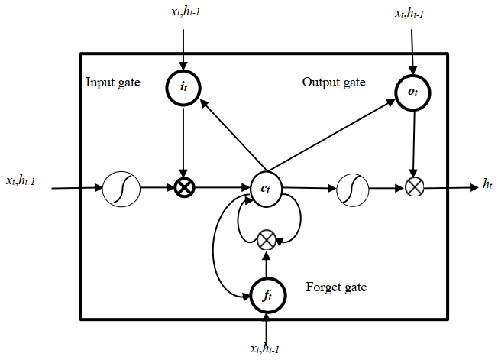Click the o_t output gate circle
tap(413, 92)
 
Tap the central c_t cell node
tap(265, 186)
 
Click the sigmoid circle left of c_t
tap(121, 187)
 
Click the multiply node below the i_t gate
tap(183, 186)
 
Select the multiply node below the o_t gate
tap(413, 186)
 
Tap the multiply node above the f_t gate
tap(266, 240)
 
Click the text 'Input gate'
tap(112, 82)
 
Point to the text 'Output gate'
tap(334, 82)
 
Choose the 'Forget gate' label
tap(336, 287)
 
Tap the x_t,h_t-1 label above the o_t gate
tap(412, 14)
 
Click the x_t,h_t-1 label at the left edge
tap(26, 180)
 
